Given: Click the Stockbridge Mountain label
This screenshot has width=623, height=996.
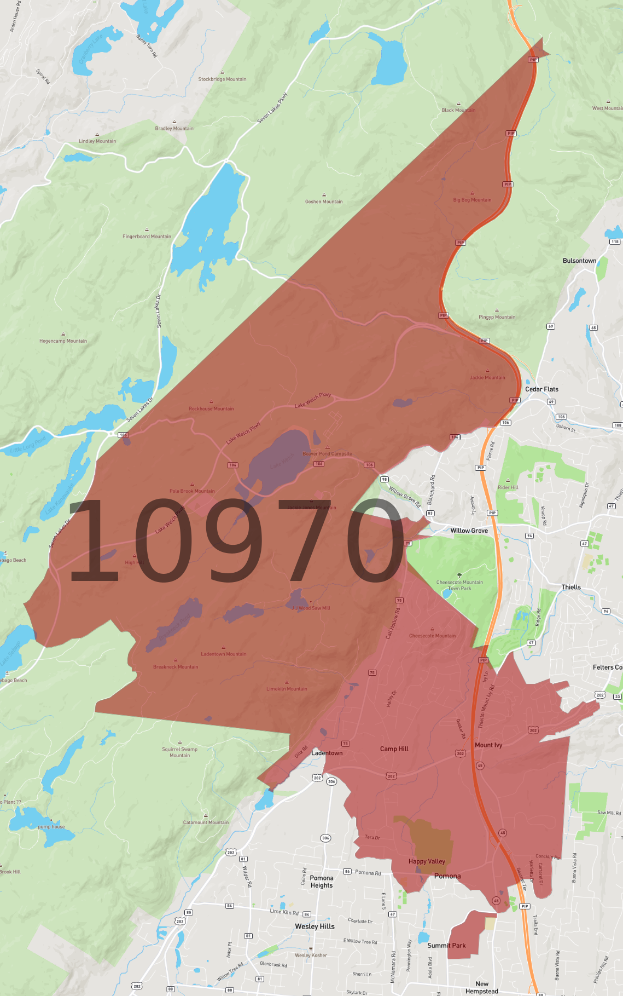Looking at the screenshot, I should [x=222, y=79].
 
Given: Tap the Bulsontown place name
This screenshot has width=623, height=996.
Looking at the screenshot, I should [x=579, y=261].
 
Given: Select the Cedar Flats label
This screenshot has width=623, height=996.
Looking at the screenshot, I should [x=542, y=389].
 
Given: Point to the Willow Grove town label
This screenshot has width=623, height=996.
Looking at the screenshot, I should [x=469, y=531].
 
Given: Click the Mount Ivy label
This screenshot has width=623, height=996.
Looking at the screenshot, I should [x=488, y=745].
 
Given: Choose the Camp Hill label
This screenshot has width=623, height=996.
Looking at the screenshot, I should [x=394, y=749].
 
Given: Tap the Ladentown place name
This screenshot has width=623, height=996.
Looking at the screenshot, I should [x=327, y=753].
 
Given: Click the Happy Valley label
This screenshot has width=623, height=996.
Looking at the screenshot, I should [x=427, y=861].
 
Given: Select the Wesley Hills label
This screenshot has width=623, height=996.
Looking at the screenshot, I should [x=315, y=926].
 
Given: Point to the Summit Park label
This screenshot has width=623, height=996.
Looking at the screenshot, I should [x=446, y=946].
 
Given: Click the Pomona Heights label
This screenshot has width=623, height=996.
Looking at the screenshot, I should [x=322, y=882].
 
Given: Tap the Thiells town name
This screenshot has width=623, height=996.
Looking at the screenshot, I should [x=571, y=587].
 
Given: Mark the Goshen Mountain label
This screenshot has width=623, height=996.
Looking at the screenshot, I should [x=324, y=201].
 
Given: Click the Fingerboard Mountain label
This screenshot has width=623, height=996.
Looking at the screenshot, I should [x=147, y=237].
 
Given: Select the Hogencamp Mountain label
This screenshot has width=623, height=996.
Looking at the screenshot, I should [x=63, y=341].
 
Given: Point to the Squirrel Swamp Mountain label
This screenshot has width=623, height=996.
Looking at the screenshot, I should [x=179, y=752].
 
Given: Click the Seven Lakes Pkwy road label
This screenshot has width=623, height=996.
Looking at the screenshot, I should [x=272, y=108].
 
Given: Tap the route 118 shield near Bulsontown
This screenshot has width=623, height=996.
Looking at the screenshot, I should [x=615, y=241].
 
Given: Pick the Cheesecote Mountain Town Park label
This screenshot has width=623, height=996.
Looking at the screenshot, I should [x=459, y=585].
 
